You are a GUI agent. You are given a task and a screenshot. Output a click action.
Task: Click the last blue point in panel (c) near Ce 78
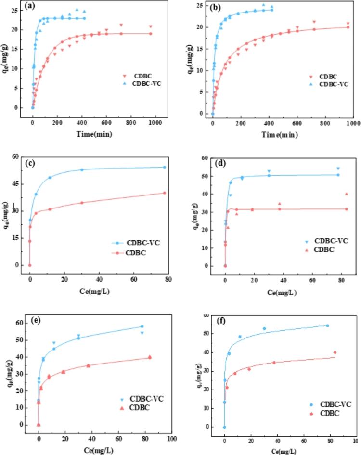pyautogui.click(x=164, y=167)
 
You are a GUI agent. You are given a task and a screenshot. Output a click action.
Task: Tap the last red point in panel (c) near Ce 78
pyautogui.click(x=164, y=193)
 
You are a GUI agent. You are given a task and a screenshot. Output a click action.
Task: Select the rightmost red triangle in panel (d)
pyautogui.click(x=346, y=194)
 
